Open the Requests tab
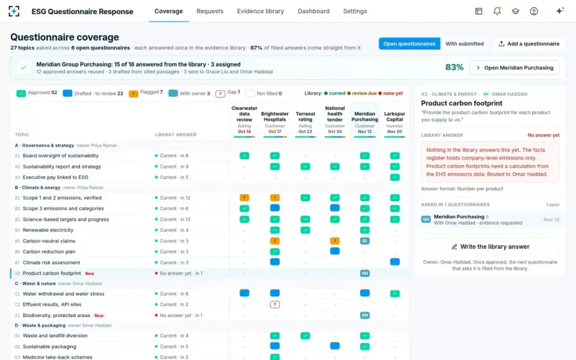pyautogui.click(x=210, y=11)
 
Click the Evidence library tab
pyautogui.click(x=261, y=11)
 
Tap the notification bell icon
pyautogui.click(x=497, y=11)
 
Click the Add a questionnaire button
pyautogui.click(x=529, y=44)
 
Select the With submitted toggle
pyautogui.click(x=465, y=44)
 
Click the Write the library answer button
pyautogui.click(x=490, y=247)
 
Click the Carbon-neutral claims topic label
pyautogui.click(x=49, y=241)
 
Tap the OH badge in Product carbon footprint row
pyautogui.click(x=365, y=273)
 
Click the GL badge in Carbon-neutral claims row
pyautogui.click(x=365, y=240)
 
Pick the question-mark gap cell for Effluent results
pyautogui.click(x=275, y=304)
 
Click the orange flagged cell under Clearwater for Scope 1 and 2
pyautogui.click(x=244, y=197)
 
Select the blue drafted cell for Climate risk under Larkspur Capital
pyautogui.click(x=395, y=262)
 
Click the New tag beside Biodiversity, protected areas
pyautogui.click(x=99, y=315)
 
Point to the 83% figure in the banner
pyautogui.click(x=454, y=67)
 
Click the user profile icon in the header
pyautogui.click(x=534, y=11)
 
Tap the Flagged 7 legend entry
pyautogui.click(x=145, y=93)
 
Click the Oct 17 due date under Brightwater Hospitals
pyautogui.click(x=275, y=132)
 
